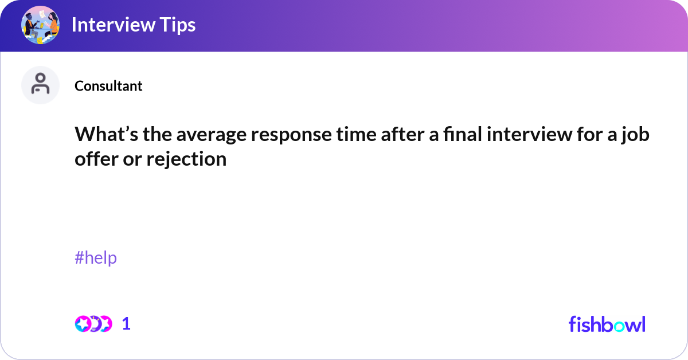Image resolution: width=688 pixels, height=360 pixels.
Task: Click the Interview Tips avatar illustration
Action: (x=40, y=25)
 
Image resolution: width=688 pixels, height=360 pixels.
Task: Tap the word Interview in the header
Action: (x=114, y=25)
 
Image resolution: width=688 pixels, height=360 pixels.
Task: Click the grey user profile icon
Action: (x=40, y=85)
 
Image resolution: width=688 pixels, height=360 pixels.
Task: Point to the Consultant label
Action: (x=108, y=85)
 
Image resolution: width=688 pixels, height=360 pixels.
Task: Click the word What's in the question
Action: (x=106, y=134)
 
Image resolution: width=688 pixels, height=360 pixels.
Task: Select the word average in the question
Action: (x=212, y=135)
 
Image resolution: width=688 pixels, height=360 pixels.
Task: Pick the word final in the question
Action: (x=463, y=134)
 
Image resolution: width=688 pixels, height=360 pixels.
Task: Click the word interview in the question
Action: (x=530, y=134)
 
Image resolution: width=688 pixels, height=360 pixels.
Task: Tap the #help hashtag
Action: (x=96, y=258)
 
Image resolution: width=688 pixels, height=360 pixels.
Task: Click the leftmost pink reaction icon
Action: (x=83, y=324)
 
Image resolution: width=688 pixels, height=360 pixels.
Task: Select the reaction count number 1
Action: (x=126, y=324)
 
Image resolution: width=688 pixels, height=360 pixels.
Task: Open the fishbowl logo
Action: (x=607, y=324)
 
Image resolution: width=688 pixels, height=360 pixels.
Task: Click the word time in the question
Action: (x=356, y=134)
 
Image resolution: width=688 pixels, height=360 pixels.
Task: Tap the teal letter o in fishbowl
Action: (x=619, y=327)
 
